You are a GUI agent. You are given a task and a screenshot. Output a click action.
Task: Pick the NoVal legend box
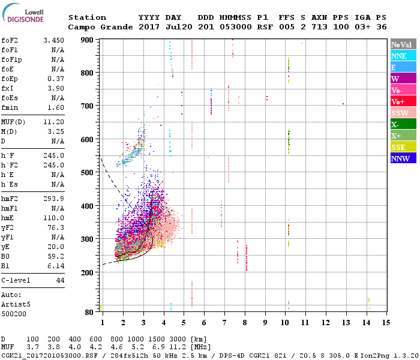403,44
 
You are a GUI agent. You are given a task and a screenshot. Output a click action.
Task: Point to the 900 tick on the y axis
88,40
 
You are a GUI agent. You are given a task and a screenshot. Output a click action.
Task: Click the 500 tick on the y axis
88,173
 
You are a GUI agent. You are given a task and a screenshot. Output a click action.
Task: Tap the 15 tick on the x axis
386,322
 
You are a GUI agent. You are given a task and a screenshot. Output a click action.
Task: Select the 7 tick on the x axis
224,322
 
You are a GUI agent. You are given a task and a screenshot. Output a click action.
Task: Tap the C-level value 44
60,280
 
